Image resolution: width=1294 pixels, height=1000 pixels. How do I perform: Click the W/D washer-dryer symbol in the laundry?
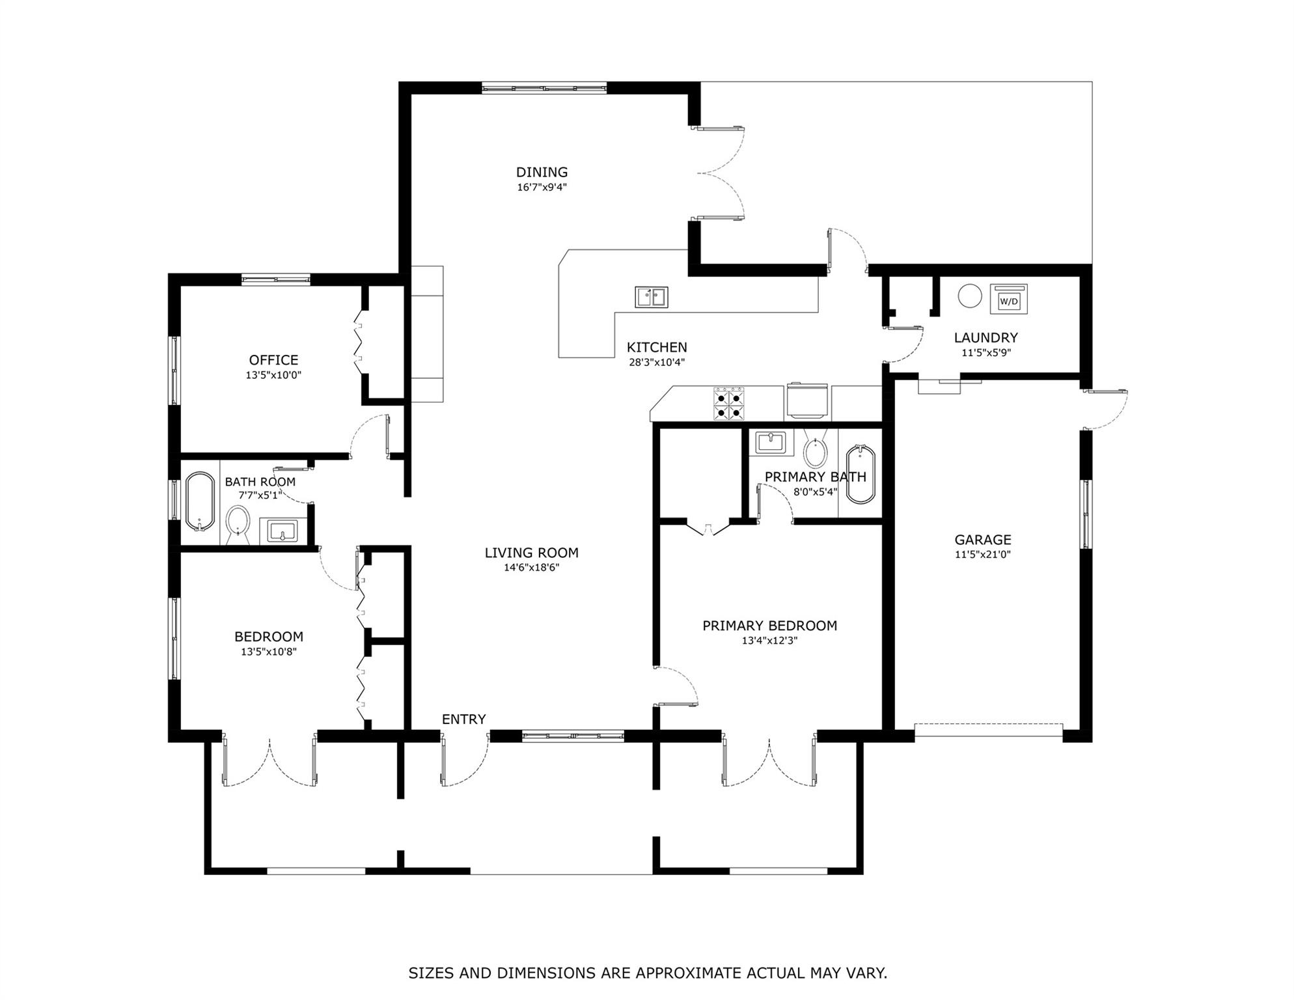click(1008, 299)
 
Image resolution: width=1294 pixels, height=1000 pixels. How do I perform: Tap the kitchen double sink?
click(652, 297)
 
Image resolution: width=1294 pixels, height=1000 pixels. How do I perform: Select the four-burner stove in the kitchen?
click(729, 404)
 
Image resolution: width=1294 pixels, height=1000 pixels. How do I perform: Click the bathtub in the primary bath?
click(860, 474)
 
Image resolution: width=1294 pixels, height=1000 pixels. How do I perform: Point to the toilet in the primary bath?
click(815, 449)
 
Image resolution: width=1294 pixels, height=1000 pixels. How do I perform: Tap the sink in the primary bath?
click(771, 442)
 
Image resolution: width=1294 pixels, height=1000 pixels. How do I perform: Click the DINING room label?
click(542, 173)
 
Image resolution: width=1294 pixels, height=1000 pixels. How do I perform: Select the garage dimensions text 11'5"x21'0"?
click(983, 555)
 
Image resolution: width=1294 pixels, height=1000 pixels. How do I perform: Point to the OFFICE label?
click(273, 360)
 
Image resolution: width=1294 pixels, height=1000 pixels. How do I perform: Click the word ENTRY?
click(463, 719)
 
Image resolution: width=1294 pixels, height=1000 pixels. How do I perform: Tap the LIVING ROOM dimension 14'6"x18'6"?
click(531, 568)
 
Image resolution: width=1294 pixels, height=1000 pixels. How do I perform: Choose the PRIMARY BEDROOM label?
click(769, 626)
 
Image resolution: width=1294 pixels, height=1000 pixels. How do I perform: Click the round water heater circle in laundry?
click(969, 296)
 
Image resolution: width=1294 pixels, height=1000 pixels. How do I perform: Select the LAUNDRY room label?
click(985, 338)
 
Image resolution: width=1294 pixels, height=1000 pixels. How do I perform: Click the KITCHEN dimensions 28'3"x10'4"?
click(657, 363)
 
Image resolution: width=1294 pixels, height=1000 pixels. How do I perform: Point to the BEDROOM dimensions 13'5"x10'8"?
click(269, 652)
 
